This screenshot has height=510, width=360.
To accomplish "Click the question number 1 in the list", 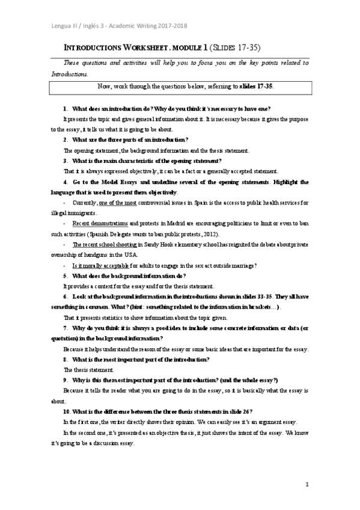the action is [x=65, y=108].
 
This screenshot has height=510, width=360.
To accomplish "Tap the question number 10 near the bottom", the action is [x=67, y=411].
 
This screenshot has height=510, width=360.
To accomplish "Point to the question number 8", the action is [x=65, y=359].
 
